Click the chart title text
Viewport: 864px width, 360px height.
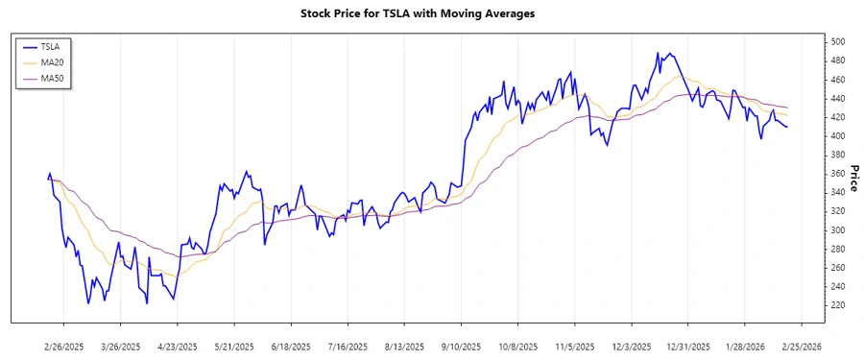[431, 13]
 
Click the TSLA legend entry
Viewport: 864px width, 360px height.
[51, 46]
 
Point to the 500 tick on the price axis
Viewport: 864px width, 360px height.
[837, 42]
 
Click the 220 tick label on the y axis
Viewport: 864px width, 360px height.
[837, 305]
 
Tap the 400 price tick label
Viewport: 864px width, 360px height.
[837, 136]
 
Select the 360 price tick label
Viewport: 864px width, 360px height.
[837, 174]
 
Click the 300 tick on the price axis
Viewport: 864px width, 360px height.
[837, 230]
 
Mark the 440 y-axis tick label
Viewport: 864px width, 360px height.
[837, 99]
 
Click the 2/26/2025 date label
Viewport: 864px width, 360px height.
[64, 346]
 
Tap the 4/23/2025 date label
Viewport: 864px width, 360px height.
[178, 346]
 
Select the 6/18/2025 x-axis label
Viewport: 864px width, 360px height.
[291, 346]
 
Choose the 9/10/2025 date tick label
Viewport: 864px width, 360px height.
[461, 346]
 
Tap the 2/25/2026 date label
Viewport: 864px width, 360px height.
[801, 346]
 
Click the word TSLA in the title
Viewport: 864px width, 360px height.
[396, 13]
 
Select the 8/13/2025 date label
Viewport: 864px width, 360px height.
[404, 346]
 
